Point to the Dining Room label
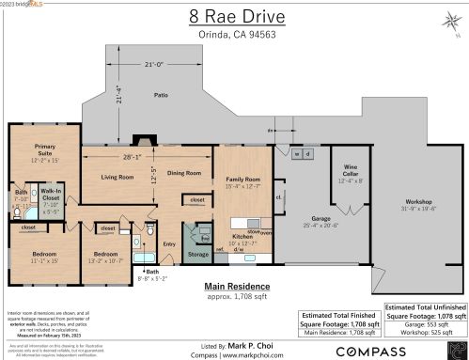184,173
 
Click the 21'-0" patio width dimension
152,64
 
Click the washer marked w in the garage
297,153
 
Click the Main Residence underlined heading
238,286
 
